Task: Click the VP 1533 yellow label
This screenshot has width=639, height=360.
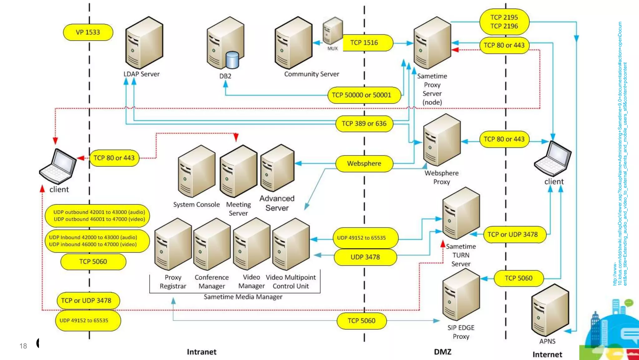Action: [88, 32]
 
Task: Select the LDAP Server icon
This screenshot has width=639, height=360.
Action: [144, 43]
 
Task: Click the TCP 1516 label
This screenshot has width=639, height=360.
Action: [364, 43]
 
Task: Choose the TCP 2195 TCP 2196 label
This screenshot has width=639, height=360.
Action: [504, 22]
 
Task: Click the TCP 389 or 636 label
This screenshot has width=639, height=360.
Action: [364, 124]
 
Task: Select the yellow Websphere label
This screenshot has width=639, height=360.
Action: [364, 164]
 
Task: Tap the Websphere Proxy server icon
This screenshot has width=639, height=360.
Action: [441, 140]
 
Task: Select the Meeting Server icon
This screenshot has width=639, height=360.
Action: [238, 171]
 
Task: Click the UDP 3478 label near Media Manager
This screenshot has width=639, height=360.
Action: [365, 257]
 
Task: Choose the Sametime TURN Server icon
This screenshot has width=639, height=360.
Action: [461, 213]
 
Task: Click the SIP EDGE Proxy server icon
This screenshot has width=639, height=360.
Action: [461, 295]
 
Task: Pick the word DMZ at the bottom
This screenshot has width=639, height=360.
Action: [442, 352]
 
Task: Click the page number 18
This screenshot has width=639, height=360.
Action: [23, 346]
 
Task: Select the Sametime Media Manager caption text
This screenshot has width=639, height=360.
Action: [243, 297]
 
